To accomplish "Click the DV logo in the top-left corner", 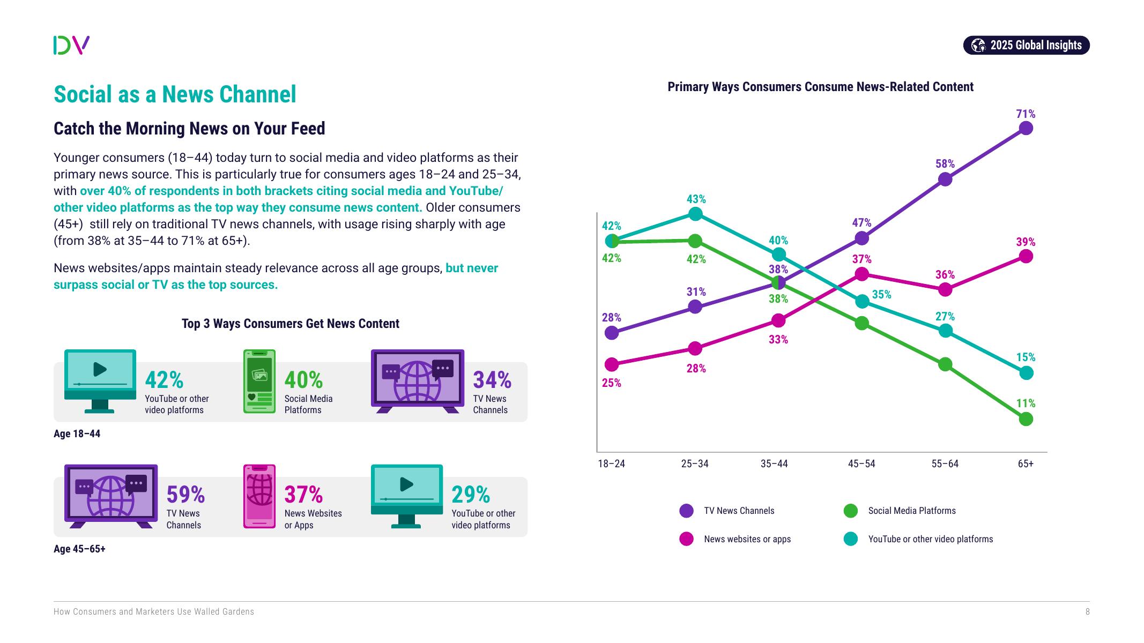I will pos(71,45).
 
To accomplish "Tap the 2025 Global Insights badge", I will pos(1026,45).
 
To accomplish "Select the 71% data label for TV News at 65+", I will pos(1026,114).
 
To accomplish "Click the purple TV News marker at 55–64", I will pos(945,179).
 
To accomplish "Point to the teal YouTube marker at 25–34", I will pos(695,214).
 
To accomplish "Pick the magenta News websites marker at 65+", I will pos(1026,257).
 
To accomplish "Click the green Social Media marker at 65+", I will pos(1026,419).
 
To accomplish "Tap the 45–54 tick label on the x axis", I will pos(861,463).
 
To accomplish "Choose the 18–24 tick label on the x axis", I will pos(612,463).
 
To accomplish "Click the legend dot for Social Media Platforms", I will pos(851,511).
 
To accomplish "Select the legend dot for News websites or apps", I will pos(686,539).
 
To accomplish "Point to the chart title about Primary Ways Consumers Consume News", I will pos(820,87).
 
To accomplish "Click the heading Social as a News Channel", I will pos(175,94).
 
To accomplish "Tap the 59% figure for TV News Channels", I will pos(185,495).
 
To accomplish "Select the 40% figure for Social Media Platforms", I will pos(303,380).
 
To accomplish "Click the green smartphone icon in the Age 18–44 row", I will pos(259,381).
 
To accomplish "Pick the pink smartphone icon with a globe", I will pos(259,496).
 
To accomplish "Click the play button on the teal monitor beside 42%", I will pos(100,369).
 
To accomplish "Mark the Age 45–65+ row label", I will pos(79,549).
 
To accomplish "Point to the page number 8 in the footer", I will pos(1087,611).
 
